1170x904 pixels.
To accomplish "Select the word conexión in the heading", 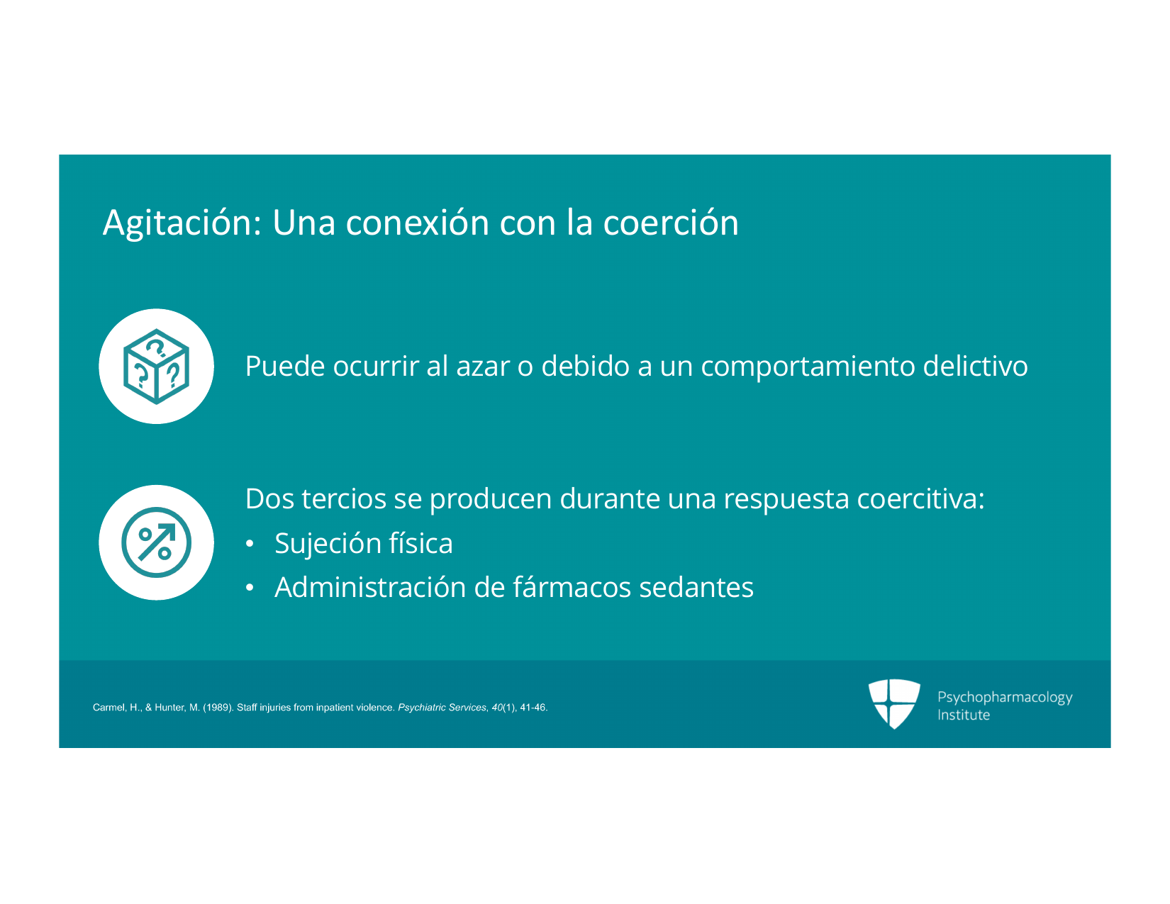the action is (417, 222).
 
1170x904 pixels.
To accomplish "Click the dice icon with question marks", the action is (156, 366).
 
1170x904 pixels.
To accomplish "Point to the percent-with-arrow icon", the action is (156, 542).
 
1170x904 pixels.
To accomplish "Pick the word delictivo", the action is (975, 366).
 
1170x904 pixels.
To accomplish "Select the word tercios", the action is (343, 498).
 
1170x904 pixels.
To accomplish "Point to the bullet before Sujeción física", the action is (250, 544).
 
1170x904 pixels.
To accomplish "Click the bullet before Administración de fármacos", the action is (250, 588).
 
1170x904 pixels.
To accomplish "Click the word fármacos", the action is (572, 586).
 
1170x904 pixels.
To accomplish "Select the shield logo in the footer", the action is (893, 704).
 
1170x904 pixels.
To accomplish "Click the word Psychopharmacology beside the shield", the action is (1005, 698).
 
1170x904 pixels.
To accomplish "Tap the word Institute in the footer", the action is (963, 715).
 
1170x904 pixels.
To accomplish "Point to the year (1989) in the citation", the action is (218, 708).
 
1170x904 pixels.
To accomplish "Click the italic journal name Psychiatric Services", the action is (442, 708).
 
